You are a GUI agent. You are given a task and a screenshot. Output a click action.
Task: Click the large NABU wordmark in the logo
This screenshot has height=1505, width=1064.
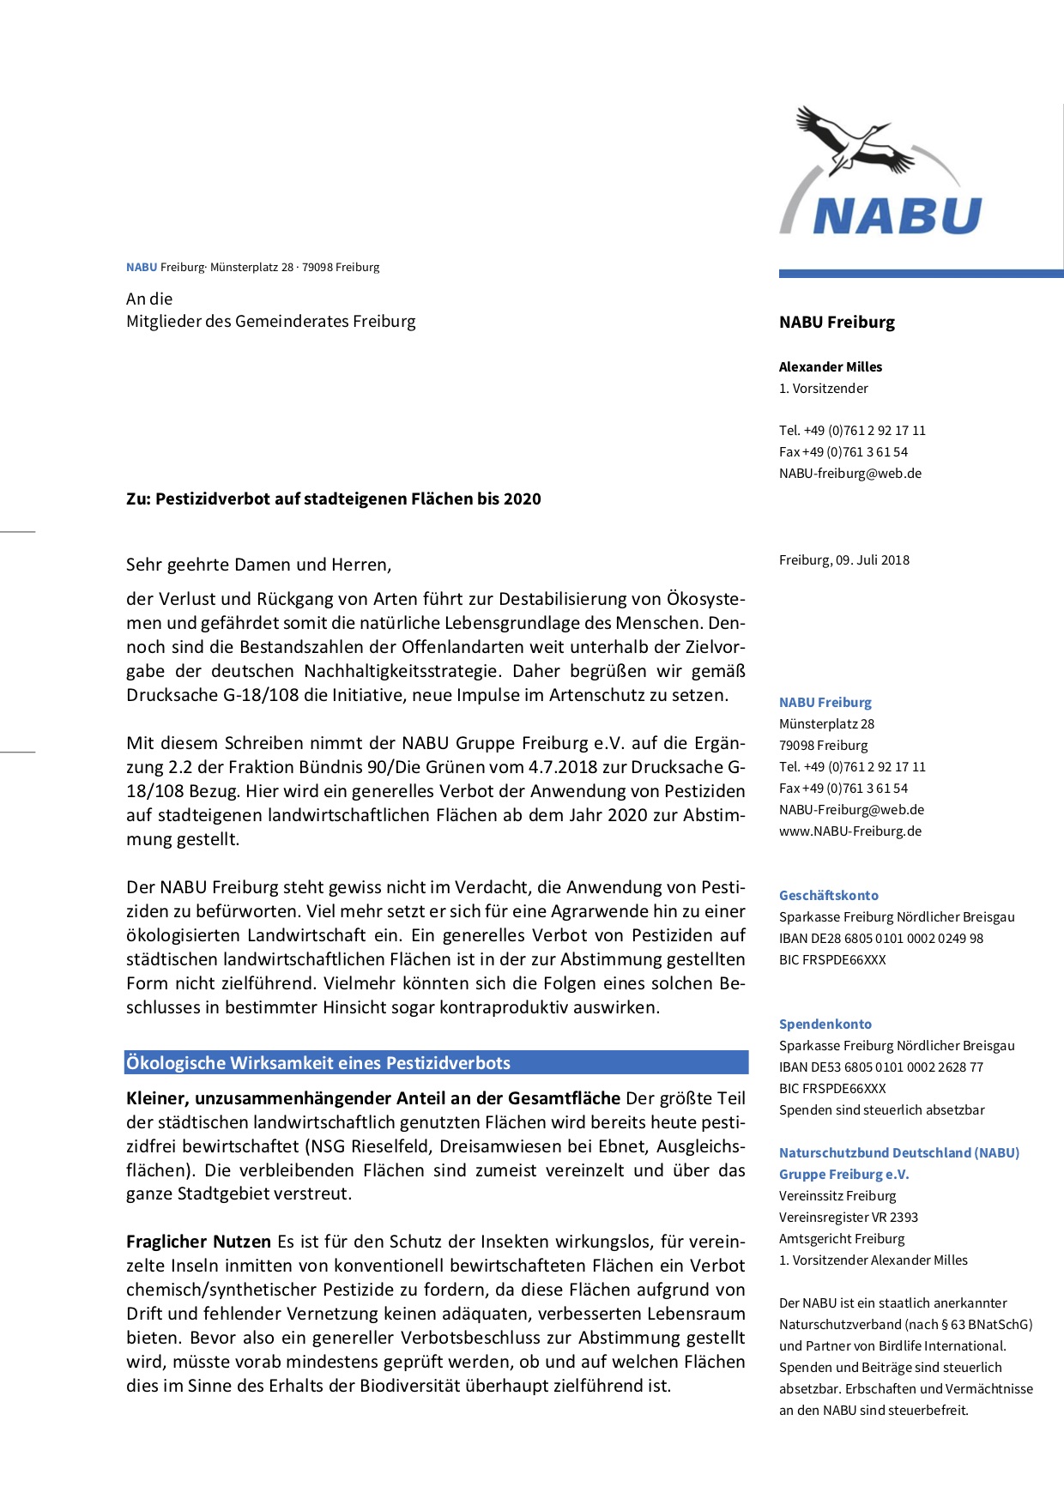pyautogui.click(x=896, y=215)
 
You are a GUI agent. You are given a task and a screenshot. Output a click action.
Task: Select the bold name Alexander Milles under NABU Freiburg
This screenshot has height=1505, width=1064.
pyautogui.click(x=830, y=366)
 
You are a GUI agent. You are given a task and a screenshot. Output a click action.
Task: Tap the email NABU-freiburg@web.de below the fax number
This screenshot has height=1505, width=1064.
pyautogui.click(x=849, y=473)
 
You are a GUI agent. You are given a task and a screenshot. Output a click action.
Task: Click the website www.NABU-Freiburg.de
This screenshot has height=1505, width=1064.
pyautogui.click(x=849, y=831)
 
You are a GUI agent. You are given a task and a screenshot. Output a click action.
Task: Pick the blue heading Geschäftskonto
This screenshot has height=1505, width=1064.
pyautogui.click(x=828, y=895)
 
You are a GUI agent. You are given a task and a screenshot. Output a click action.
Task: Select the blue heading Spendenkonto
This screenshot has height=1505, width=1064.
pyautogui.click(x=825, y=1024)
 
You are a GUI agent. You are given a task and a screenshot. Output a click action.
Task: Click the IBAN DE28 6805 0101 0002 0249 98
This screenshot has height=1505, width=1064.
pyautogui.click(x=881, y=938)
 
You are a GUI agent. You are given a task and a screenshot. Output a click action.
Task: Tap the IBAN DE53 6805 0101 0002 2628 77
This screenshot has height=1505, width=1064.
pyautogui.click(x=881, y=1067)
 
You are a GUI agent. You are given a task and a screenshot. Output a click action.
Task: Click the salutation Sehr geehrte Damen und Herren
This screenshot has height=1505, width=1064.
pyautogui.click(x=258, y=565)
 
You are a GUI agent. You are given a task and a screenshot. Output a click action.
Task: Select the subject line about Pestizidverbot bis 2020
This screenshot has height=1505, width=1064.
pyautogui.click(x=333, y=499)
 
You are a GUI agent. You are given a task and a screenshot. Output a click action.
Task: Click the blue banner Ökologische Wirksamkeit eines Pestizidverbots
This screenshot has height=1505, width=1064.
pyautogui.click(x=436, y=1062)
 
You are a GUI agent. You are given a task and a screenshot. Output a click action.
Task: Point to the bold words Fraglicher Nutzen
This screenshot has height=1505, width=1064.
pyautogui.click(x=198, y=1241)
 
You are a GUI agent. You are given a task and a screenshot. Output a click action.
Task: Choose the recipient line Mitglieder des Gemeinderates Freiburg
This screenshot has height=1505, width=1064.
pyautogui.click(x=270, y=321)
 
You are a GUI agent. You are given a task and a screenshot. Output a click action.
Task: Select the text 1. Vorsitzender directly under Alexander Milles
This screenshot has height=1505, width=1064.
pyautogui.click(x=823, y=388)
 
